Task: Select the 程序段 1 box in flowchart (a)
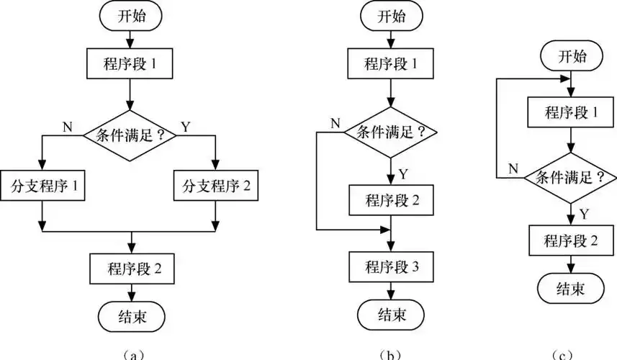130,64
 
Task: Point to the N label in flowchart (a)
67,127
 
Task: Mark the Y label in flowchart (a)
185,127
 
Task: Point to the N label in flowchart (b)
334,122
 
